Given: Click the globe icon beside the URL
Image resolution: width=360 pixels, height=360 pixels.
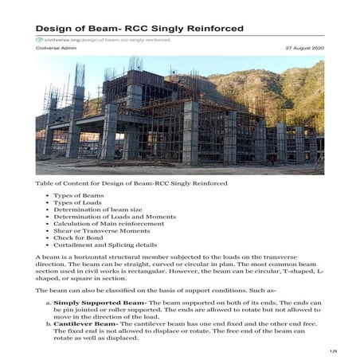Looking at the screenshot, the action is (x=39, y=39).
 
